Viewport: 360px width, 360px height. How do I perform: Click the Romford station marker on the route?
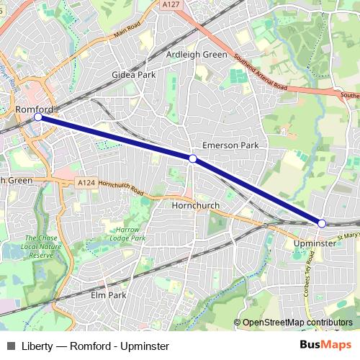click(x=38, y=117)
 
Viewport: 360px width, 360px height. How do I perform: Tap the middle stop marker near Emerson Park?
click(x=192, y=158)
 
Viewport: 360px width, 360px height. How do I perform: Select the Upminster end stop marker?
click(x=322, y=223)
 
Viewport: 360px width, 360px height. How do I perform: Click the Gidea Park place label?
click(x=130, y=75)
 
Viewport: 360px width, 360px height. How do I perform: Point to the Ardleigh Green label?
click(x=197, y=55)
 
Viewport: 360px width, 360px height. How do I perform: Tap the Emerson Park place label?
click(x=230, y=145)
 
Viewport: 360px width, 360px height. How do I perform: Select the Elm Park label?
click(x=109, y=295)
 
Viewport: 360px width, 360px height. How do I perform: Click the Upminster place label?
click(x=315, y=245)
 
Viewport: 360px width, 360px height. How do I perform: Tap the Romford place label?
click(x=32, y=109)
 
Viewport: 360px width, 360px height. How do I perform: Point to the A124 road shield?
click(x=85, y=184)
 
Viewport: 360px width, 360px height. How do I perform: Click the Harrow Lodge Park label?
click(x=127, y=233)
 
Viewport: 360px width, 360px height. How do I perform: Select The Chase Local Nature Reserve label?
click(x=40, y=246)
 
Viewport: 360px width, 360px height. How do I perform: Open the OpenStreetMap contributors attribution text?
click(x=297, y=323)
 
